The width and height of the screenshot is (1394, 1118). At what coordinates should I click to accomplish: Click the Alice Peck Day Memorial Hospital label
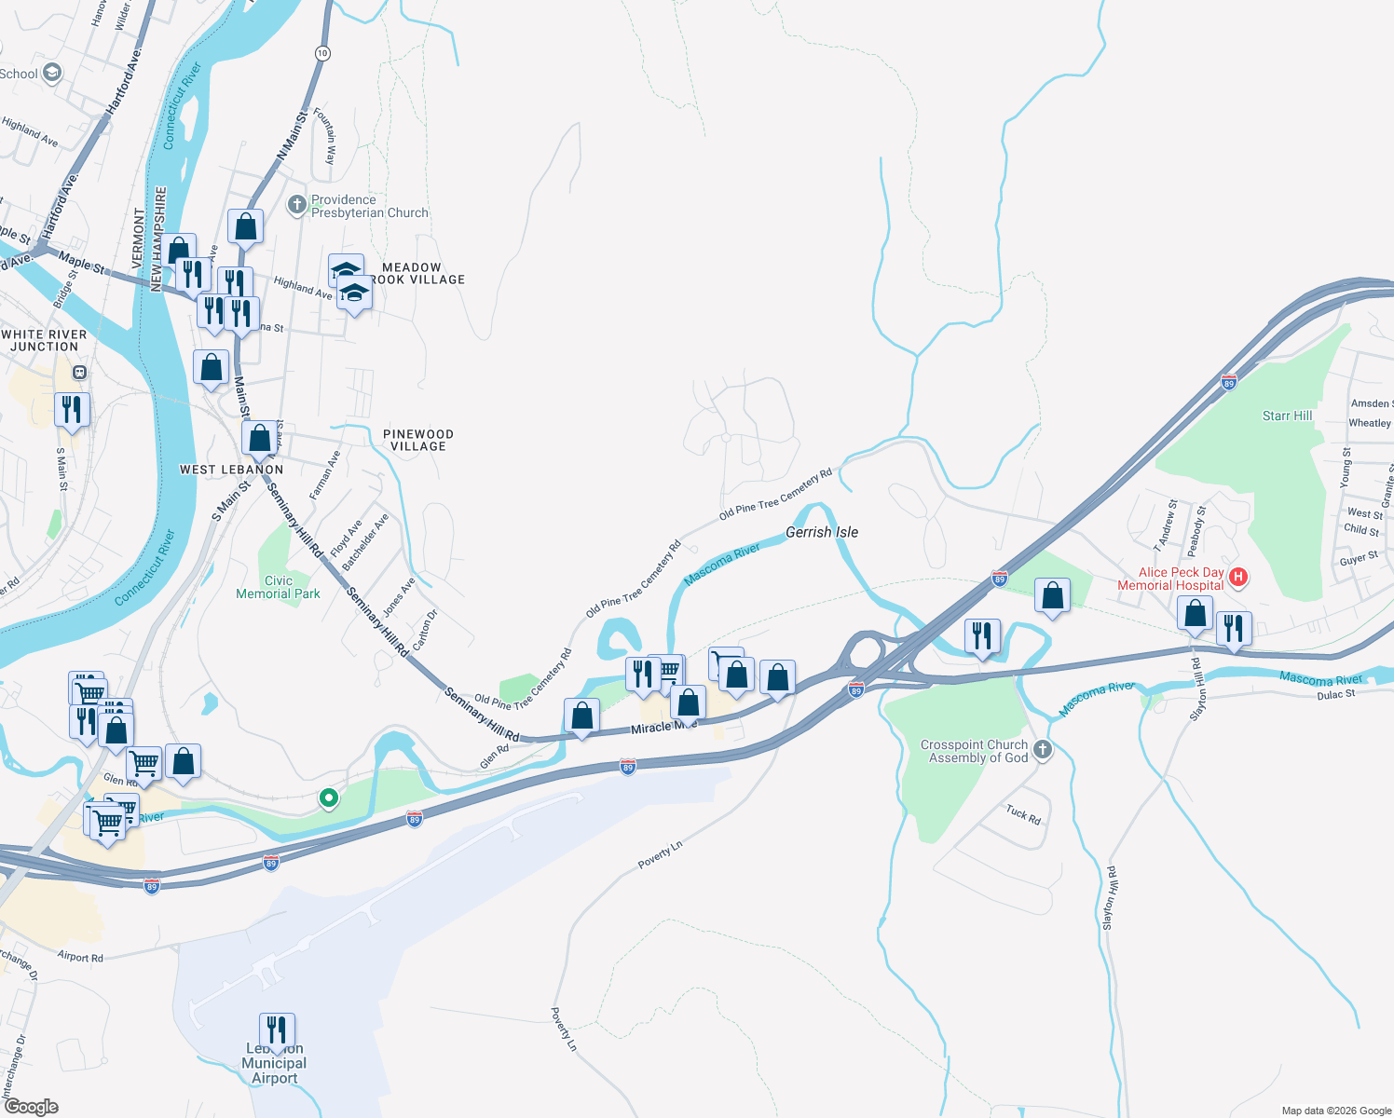pos(1170,579)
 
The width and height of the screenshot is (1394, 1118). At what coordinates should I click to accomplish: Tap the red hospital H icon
pos(1238,577)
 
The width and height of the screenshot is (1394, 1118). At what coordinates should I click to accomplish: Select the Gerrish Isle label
pos(822,532)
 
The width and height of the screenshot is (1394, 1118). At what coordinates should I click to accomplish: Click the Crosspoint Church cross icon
pos(1043,749)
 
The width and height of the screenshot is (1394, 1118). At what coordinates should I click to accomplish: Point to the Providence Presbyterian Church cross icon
pos(296,204)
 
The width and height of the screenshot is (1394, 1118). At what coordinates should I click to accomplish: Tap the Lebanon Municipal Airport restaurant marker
pos(277,1030)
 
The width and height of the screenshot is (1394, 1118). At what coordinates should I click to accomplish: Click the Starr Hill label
pos(1287,416)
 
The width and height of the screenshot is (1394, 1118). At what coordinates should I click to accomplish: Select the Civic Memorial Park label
pos(278,587)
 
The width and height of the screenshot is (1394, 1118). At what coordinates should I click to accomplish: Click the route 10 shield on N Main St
pos(322,53)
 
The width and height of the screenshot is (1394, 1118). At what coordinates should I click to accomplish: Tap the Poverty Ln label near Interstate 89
pos(660,854)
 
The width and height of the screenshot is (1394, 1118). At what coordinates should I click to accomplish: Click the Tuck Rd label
pos(1023,814)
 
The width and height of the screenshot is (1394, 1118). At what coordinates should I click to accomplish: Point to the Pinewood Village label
pos(418,440)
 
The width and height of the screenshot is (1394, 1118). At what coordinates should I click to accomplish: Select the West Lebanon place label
pos(231,470)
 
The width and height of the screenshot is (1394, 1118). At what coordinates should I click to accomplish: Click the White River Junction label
pos(44,340)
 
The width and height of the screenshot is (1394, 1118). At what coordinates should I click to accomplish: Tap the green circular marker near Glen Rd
pos(328,798)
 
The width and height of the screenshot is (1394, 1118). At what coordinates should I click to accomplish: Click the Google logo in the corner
pos(32,1107)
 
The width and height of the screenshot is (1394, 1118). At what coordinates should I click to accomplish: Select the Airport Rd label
pos(80,957)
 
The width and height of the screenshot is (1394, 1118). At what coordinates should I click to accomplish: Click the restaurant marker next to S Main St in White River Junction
pos(72,409)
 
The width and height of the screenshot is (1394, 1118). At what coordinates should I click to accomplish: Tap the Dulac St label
pos(1336,694)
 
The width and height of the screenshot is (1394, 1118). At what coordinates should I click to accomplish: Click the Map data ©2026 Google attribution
pos(1335,1111)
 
